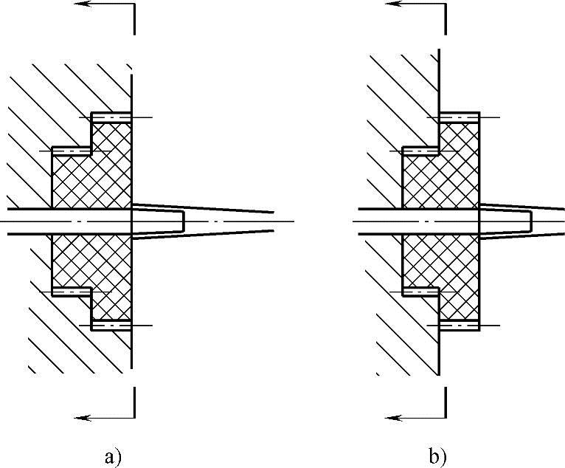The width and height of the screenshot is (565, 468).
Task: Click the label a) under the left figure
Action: (112, 458)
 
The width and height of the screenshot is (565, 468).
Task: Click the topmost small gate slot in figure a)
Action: (111, 117)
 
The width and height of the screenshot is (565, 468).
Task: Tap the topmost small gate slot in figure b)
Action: (460, 117)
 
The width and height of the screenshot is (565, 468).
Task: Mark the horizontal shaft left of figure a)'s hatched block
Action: (26, 221)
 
